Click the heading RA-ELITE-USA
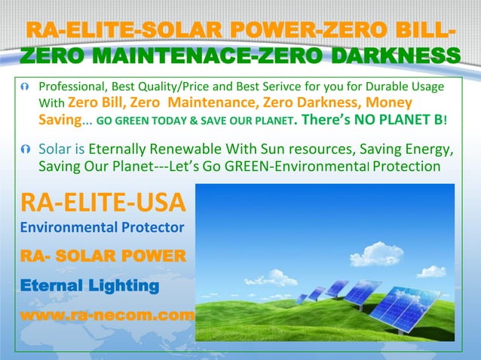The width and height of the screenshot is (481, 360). click(x=95, y=203)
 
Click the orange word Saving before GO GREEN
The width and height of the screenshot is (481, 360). click(x=60, y=120)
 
